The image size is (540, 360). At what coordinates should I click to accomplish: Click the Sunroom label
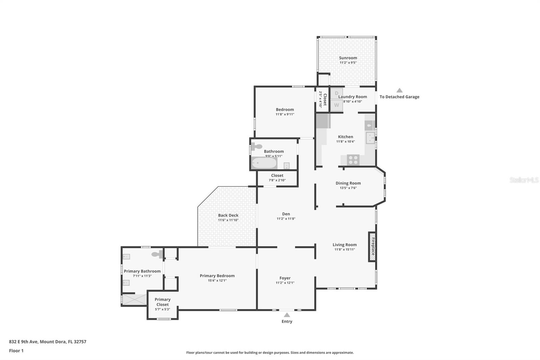click(348, 58)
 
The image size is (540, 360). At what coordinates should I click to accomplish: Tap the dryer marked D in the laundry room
click(336, 93)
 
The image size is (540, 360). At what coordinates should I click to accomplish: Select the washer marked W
click(336, 105)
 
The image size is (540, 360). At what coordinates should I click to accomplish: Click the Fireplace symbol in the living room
click(372, 247)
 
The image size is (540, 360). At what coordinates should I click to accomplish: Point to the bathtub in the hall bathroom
click(264, 163)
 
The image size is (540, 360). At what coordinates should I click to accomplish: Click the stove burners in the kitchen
click(353, 159)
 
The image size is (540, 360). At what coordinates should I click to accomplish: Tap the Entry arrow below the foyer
click(287, 315)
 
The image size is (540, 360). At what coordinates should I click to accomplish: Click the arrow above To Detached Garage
click(399, 90)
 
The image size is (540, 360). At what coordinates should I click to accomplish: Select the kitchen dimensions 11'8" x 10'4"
click(345, 142)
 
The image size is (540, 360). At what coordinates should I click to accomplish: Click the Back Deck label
click(228, 215)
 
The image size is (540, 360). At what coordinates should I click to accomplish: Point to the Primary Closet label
click(162, 302)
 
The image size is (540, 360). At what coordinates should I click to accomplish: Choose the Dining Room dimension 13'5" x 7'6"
click(348, 188)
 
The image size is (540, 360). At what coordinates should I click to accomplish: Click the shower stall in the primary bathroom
click(134, 300)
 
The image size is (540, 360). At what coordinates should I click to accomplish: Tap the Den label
click(286, 214)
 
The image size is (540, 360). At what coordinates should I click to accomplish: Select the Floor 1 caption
click(16, 351)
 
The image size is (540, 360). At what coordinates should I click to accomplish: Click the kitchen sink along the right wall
click(370, 138)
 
